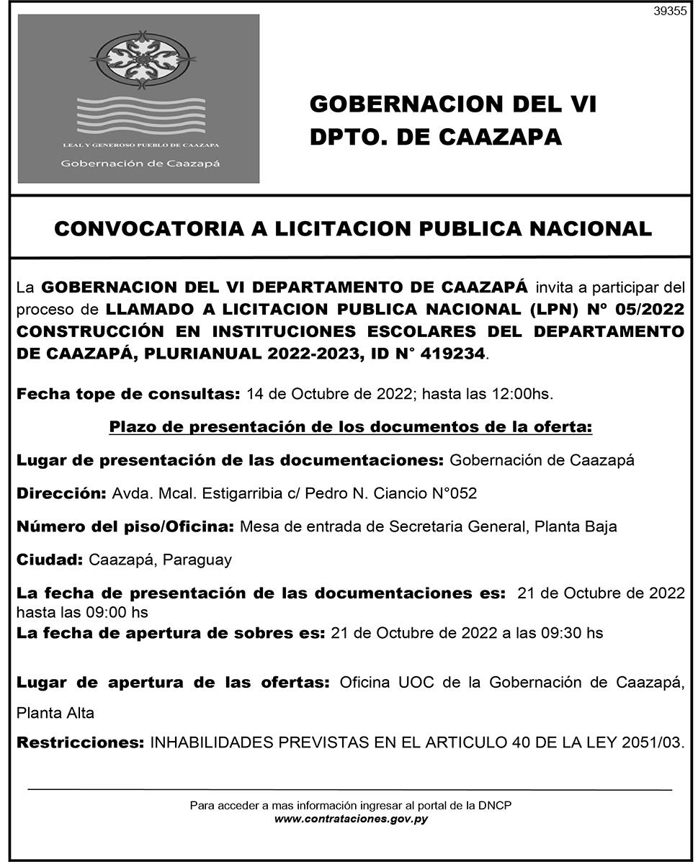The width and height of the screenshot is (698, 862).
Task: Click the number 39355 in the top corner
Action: tap(670, 12)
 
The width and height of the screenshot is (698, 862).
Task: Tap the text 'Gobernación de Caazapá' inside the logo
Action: tap(140, 163)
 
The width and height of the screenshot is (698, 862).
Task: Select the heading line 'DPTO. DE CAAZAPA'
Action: tap(435, 136)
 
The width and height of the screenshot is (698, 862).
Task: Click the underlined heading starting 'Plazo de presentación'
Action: tap(351, 427)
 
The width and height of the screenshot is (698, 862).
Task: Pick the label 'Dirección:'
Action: tap(61, 493)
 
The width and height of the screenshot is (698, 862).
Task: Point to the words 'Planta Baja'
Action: tap(576, 526)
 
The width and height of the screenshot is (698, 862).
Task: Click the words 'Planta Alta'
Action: tap(55, 713)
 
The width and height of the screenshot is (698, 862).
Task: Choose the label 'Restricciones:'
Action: tap(80, 742)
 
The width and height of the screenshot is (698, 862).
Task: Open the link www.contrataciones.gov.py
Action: tap(351, 819)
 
